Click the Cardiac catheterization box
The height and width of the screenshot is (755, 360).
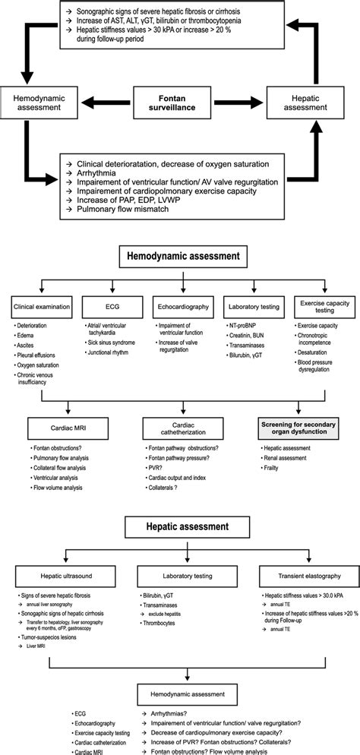180,429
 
